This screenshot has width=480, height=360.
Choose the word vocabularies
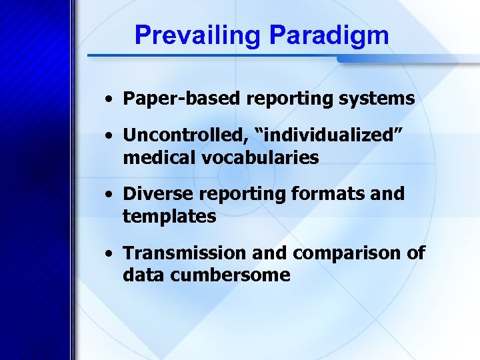coord(260,158)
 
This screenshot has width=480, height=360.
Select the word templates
coord(169,217)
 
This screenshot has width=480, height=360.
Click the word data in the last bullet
coord(140,275)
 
